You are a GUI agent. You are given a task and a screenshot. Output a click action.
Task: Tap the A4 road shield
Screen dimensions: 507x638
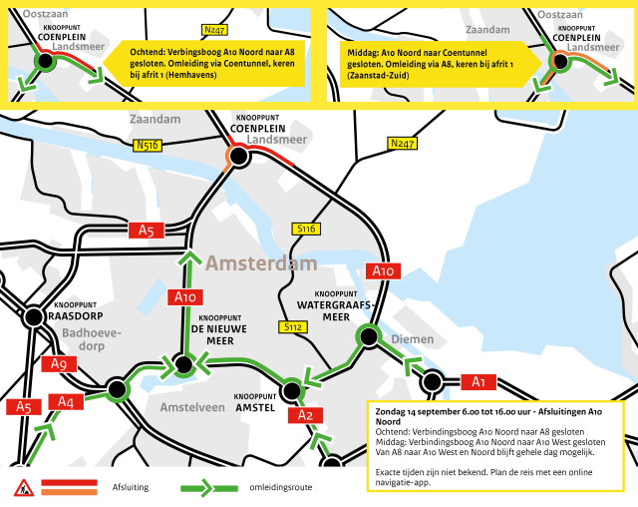coord(66,401)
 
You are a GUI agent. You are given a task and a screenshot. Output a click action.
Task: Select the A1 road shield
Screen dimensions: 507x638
coord(478,381)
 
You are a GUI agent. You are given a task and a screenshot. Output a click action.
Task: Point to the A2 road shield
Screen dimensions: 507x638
coord(306,415)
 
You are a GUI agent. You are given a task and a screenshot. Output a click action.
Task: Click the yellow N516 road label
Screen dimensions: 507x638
coord(149,146)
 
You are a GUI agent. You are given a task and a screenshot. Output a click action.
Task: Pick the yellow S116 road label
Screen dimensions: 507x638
coord(306,230)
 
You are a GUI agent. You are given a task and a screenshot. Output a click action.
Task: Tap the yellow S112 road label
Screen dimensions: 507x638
coord(293,326)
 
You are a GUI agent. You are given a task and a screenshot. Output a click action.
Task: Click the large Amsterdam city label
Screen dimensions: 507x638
coord(261,264)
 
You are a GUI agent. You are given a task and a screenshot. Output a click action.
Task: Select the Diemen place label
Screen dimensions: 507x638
coord(412,339)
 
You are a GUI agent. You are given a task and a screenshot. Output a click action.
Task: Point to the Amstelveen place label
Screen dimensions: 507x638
coord(191,408)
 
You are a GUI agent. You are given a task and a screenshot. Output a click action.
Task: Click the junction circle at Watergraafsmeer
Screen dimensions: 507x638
coord(369,335)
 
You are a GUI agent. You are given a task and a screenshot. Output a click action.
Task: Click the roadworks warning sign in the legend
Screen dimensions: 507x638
coord(21,488)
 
